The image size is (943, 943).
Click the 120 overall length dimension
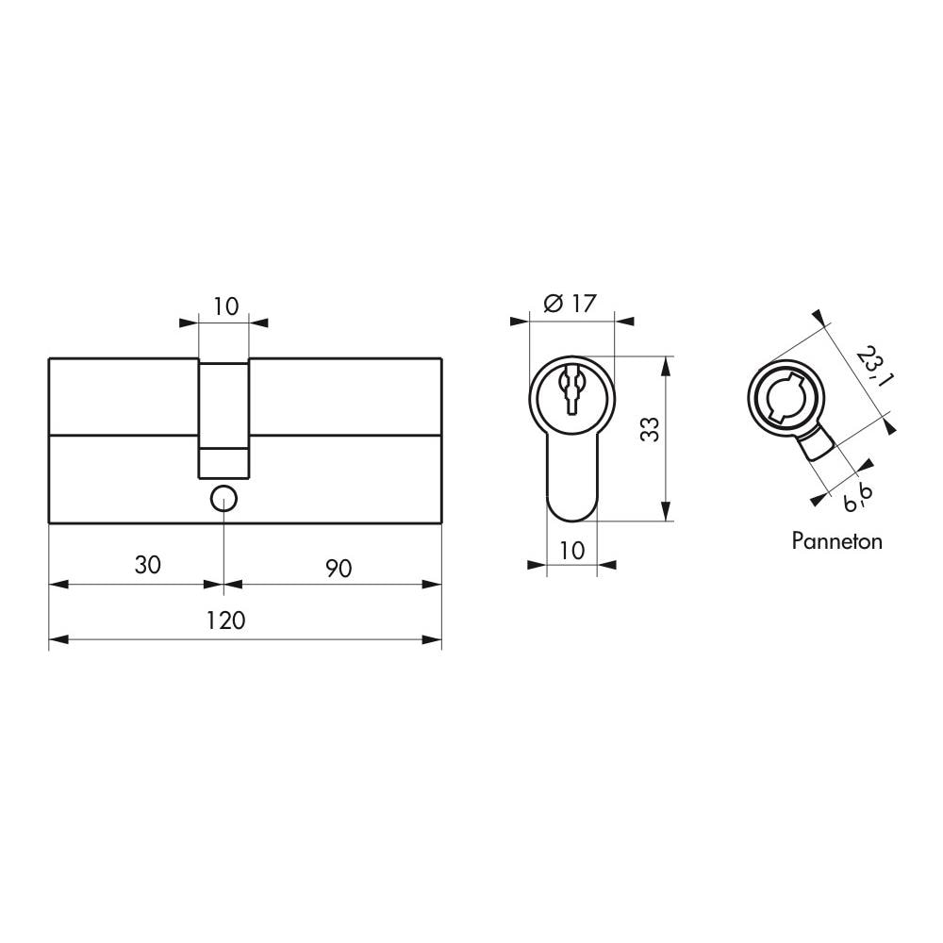pos(225,620)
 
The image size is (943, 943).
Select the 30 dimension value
pos(147,565)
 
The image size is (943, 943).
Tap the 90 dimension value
pos(339,569)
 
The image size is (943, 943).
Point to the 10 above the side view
pos(224,306)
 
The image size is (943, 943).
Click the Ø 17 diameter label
pos(571,304)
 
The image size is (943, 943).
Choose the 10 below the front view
pos(572,549)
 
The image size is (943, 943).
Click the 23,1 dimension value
pos(873,367)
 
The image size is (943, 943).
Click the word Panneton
pos(836,541)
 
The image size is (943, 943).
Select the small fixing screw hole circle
pos(223,497)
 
